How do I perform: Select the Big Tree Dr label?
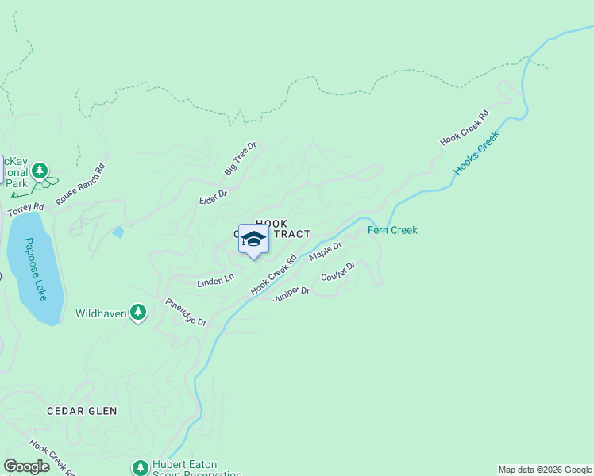[241, 159]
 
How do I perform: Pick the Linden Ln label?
[215, 281]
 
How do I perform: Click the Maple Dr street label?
[325, 251]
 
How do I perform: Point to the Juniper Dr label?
[291, 294]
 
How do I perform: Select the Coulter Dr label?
[337, 276]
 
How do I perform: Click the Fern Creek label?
[392, 231]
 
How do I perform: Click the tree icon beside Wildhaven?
[139, 313]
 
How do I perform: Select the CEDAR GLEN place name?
[82, 411]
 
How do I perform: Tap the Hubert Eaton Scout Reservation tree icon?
[141, 468]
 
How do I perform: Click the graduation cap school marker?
[253, 240]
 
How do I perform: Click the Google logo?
[26, 466]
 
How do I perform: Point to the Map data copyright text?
[545, 470]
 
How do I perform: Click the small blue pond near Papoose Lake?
[118, 232]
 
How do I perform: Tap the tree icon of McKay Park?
[40, 171]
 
